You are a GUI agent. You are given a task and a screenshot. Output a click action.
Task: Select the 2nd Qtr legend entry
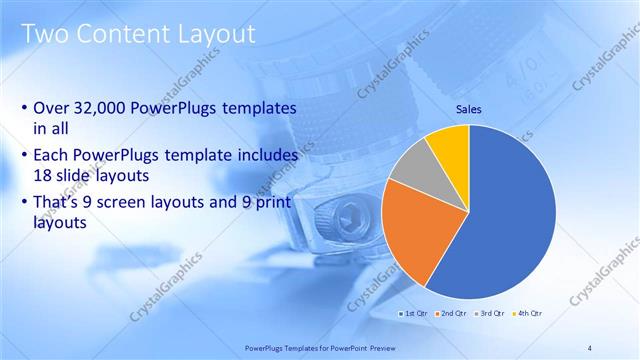[450, 313]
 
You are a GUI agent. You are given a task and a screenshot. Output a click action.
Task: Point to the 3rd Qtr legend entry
[488, 313]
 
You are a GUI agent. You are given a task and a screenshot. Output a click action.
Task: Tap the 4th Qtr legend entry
[526, 313]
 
